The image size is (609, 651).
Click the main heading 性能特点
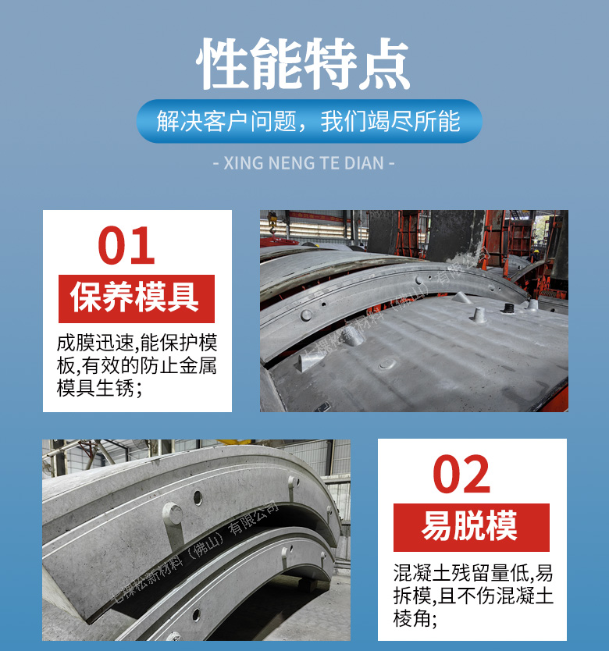pyautogui.click(x=304, y=64)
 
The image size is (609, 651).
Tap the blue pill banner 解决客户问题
pyautogui.click(x=309, y=122)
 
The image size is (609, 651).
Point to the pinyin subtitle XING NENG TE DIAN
pyautogui.click(x=304, y=163)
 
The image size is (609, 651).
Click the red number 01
pyautogui.click(x=126, y=246)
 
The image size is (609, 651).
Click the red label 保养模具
pyautogui.click(x=136, y=297)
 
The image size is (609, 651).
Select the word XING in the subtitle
pyautogui.click(x=239, y=163)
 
